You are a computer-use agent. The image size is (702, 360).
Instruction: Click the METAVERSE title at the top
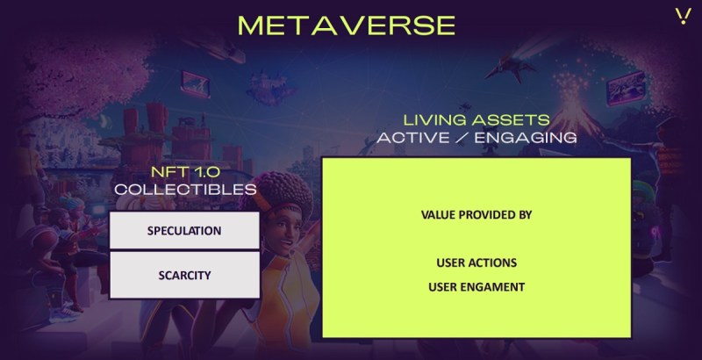pos(347,25)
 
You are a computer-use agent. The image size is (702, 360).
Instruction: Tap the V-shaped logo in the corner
pos(684,16)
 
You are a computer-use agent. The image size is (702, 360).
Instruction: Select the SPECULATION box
pos(184,230)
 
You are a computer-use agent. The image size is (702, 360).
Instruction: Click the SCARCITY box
pos(184,275)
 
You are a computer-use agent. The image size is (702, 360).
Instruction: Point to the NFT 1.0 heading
pos(185,172)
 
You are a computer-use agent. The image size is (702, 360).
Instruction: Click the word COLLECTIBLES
pos(185,190)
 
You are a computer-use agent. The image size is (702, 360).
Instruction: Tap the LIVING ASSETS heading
pos(476,120)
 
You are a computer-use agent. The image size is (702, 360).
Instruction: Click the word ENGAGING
pos(526,138)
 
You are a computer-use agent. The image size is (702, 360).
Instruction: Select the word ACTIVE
pos(412,138)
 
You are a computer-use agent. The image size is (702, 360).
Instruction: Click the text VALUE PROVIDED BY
pos(476,215)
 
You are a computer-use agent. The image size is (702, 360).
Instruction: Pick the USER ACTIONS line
pos(476,263)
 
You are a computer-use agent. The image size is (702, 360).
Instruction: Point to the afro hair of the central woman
pos(278,191)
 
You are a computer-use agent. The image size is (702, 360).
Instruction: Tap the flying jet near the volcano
pos(511,68)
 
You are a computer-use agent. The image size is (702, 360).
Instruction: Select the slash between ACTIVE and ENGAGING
pos(462,138)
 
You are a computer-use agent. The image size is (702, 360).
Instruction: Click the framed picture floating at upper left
pos(196,83)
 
